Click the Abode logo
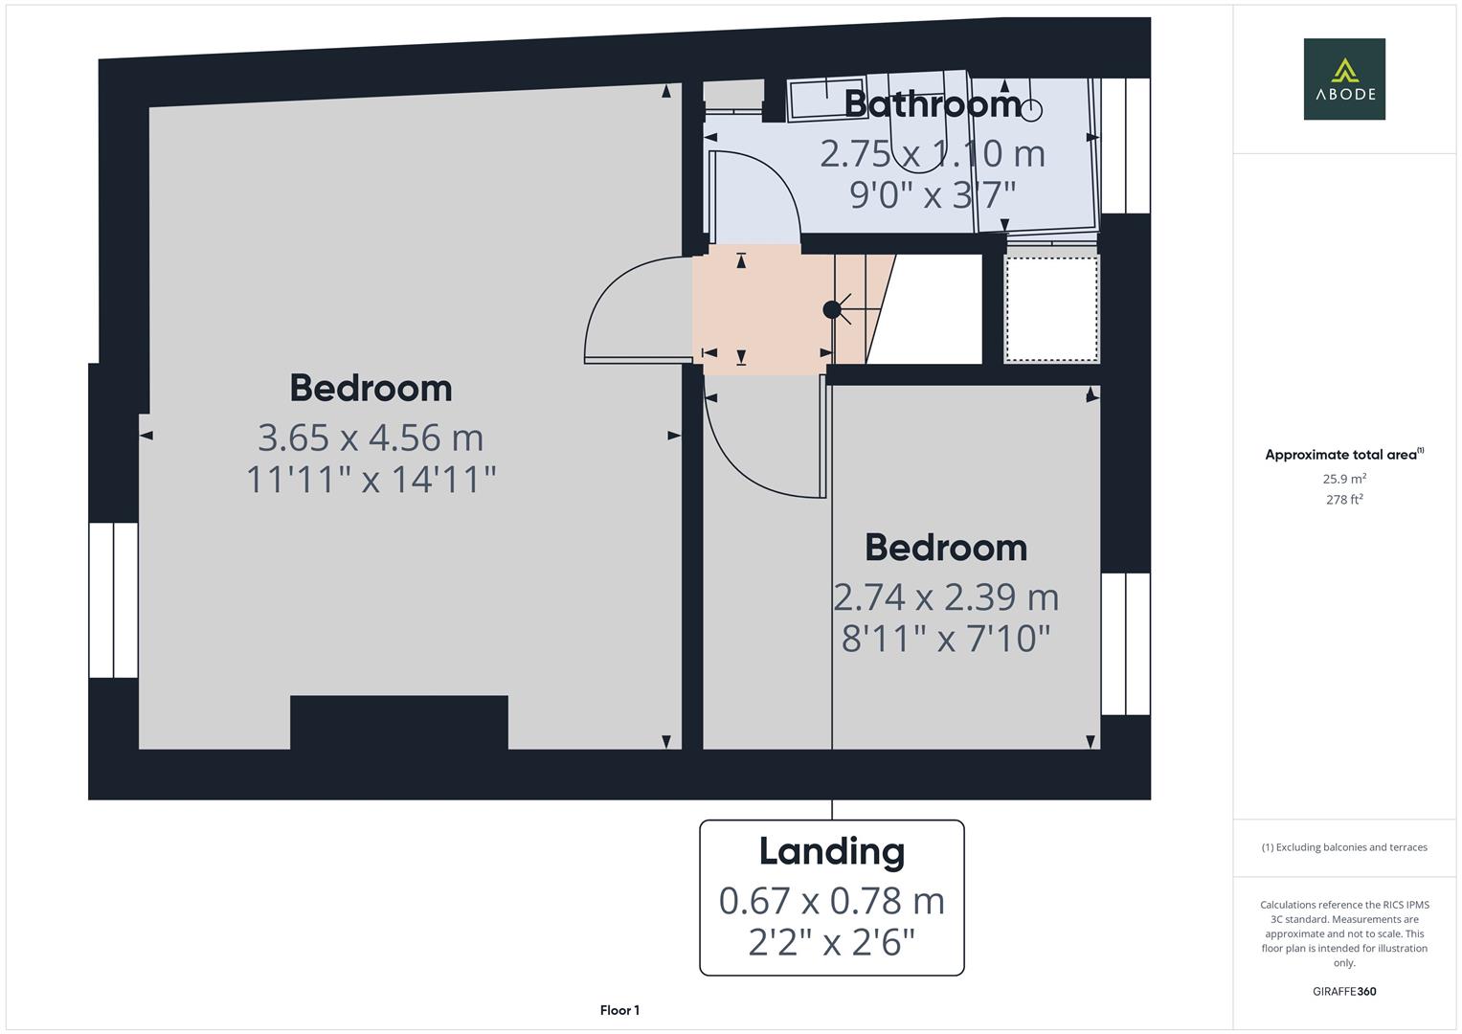click(x=1343, y=79)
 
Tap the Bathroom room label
click(x=933, y=103)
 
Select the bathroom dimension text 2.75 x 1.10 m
click(x=932, y=153)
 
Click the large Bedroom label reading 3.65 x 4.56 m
click(x=371, y=388)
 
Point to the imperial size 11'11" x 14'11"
click(x=371, y=479)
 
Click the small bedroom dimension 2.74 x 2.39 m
click(x=946, y=596)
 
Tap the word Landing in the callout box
click(x=831, y=851)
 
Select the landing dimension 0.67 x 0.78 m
click(x=831, y=901)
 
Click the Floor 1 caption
click(x=619, y=1010)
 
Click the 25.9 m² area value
click(x=1344, y=479)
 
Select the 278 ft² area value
click(x=1344, y=499)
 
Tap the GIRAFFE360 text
click(x=1344, y=991)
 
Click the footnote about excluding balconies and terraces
click(x=1344, y=847)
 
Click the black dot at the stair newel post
click(x=831, y=309)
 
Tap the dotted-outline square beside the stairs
click(x=1051, y=307)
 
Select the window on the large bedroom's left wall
click(x=113, y=599)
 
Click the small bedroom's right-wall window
click(x=1125, y=643)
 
